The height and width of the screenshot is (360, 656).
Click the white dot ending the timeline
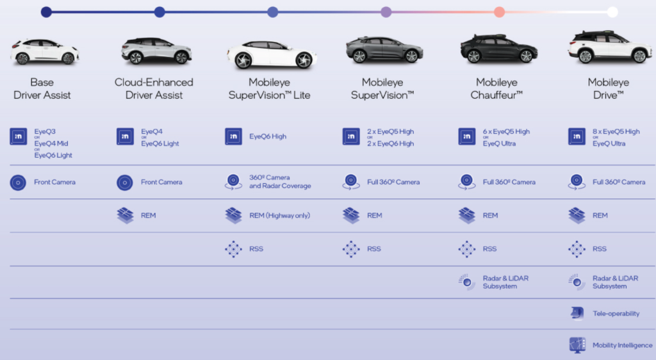[612, 12]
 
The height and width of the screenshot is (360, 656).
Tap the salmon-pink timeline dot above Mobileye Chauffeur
[499, 12]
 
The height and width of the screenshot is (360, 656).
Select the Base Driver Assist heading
[42, 89]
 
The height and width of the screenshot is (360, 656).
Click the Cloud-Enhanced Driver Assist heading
[154, 89]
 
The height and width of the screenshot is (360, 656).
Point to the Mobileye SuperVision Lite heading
[270, 89]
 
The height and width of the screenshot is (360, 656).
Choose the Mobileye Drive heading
[609, 89]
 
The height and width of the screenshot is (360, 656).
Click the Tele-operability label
[616, 314]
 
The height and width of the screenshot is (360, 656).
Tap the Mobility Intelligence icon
[577, 345]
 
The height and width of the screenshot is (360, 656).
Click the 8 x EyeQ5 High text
[616, 131]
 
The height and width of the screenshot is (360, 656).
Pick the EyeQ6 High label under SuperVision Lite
[268, 136]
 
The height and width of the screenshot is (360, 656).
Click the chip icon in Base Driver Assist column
[18, 136]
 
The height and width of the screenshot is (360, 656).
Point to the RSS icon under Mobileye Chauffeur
[467, 249]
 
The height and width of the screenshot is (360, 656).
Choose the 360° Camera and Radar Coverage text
[280, 182]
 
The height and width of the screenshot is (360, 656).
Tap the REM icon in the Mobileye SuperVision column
[351, 216]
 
